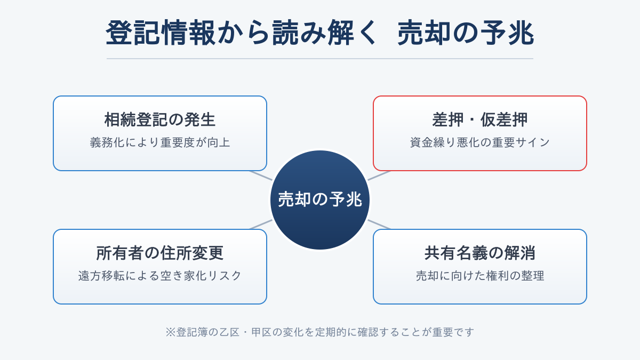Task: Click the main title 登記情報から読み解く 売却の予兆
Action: [x=320, y=33]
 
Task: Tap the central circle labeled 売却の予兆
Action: [x=320, y=200]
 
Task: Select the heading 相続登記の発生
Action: [x=160, y=119]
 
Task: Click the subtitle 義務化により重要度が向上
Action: [x=160, y=142]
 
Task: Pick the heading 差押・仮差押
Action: [x=480, y=119]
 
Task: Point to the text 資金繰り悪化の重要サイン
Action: [x=480, y=142]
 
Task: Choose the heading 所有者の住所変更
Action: [x=160, y=253]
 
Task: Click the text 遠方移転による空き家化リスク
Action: [x=160, y=276]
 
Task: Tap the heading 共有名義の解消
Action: [x=480, y=253]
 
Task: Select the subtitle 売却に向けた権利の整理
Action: [x=480, y=276]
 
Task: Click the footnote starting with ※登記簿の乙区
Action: [x=320, y=332]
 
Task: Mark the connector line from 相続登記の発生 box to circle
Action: [x=261, y=175]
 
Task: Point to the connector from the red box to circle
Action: [x=379, y=175]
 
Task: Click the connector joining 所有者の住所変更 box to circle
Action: [x=261, y=225]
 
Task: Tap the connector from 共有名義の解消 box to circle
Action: [x=379, y=225]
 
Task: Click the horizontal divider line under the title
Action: [x=320, y=59]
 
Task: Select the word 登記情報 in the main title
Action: [x=161, y=33]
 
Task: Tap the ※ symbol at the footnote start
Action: [x=170, y=332]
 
